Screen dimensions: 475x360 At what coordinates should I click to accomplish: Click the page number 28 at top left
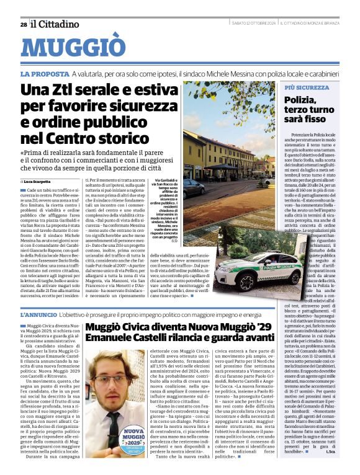[23, 25]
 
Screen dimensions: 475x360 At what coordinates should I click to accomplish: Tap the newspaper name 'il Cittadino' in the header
[56, 24]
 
